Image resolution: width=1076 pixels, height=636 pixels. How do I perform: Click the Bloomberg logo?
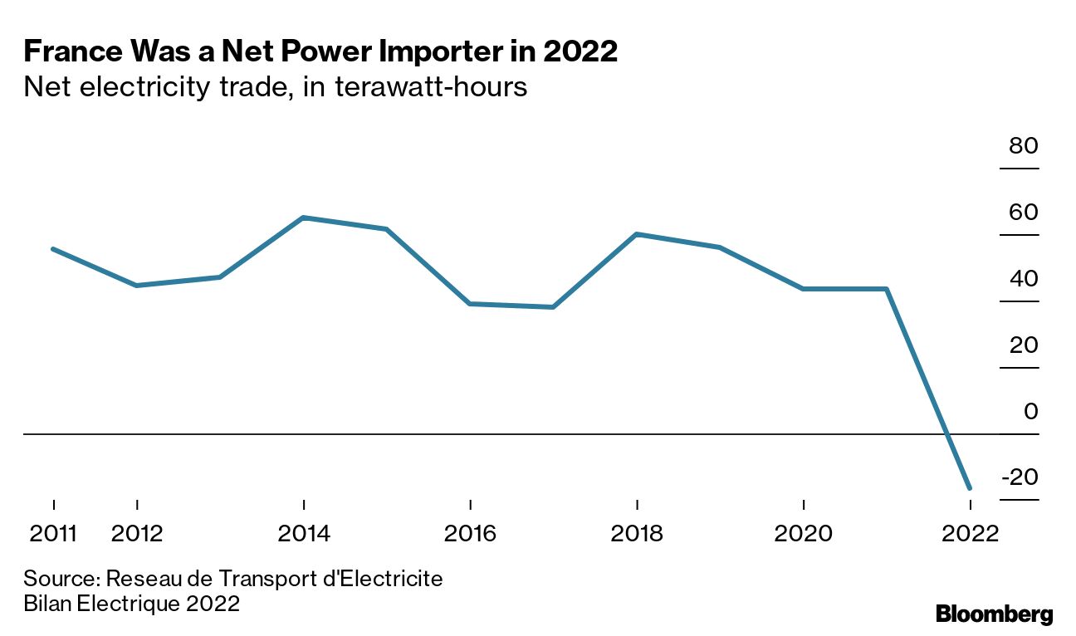[994, 614]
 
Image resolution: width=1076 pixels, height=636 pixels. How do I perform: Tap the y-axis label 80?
[1024, 147]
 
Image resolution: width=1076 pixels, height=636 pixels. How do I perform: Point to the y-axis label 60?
[1024, 213]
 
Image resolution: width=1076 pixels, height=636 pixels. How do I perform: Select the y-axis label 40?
[1024, 279]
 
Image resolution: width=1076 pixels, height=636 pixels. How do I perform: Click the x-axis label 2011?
[53, 533]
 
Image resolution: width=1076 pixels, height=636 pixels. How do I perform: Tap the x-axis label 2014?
[304, 533]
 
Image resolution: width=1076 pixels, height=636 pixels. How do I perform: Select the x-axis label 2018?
[637, 533]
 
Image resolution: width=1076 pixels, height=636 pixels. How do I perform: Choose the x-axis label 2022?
[969, 533]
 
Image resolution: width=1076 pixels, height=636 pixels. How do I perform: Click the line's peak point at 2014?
[304, 218]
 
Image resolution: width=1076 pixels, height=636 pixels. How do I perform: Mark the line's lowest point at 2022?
[969, 488]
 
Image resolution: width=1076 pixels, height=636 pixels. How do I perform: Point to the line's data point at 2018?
[637, 234]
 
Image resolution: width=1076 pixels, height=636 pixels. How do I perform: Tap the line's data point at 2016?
[471, 304]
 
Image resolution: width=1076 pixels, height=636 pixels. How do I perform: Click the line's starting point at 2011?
[53, 249]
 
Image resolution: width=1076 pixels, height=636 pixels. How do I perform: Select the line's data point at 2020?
[804, 289]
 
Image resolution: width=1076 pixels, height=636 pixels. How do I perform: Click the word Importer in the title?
[453, 52]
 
